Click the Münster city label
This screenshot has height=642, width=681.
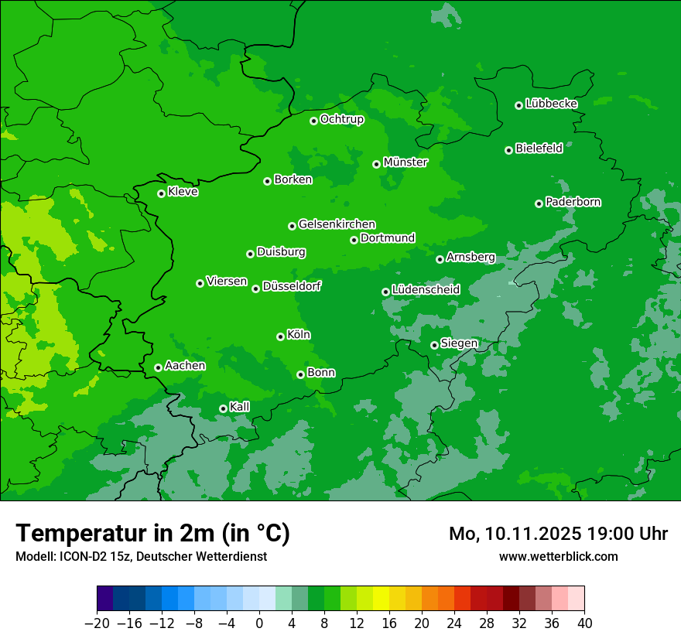tap(405, 162)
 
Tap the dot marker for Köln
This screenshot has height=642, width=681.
tap(280, 336)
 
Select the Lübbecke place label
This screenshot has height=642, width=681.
tap(551, 104)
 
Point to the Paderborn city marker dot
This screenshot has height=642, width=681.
tap(539, 203)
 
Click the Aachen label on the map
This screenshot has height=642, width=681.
tap(185, 366)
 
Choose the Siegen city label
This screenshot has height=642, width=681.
tap(459, 343)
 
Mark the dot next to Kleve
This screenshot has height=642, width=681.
tap(161, 193)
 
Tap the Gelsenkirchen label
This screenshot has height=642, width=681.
tap(337, 224)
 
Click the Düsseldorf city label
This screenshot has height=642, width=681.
tap(292, 286)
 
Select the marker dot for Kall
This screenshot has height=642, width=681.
tap(223, 408)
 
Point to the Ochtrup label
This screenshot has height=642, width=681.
tap(341, 119)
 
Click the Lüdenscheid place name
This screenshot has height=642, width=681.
tap(426, 290)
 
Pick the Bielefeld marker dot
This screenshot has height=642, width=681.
tap(508, 150)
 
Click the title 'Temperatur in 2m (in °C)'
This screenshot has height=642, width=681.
tap(152, 534)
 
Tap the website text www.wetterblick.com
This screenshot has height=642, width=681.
tap(558, 556)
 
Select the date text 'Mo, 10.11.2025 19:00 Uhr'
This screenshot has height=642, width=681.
tap(558, 534)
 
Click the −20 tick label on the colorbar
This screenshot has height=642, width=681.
tap(97, 623)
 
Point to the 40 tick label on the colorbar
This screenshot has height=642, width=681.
tap(584, 623)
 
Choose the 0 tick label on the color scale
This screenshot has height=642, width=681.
tap(259, 623)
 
